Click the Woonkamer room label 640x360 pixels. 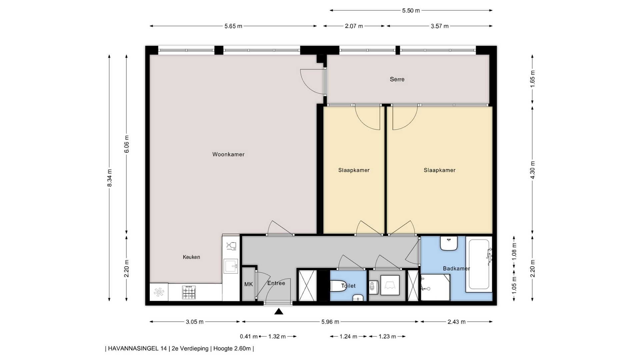tap(228, 154)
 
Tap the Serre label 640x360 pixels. tap(397, 79)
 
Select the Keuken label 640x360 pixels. tap(191, 257)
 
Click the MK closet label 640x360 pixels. tap(248, 284)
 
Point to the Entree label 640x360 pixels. tap(276, 283)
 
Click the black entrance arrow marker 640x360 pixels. tap(279, 312)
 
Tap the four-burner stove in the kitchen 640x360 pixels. tap(189, 293)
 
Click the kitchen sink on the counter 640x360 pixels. tap(231, 266)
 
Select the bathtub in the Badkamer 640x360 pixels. tap(479, 264)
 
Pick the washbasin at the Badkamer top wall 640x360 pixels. tap(448, 243)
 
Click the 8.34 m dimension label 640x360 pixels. tap(110, 178)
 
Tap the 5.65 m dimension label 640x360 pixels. tap(233, 26)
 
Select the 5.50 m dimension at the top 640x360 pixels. tap(411, 10)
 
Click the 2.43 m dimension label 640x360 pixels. tap(456, 322)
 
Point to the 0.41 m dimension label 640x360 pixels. tap(249, 336)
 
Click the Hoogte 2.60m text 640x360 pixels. tap(232, 349)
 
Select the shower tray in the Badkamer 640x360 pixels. tap(435, 287)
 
